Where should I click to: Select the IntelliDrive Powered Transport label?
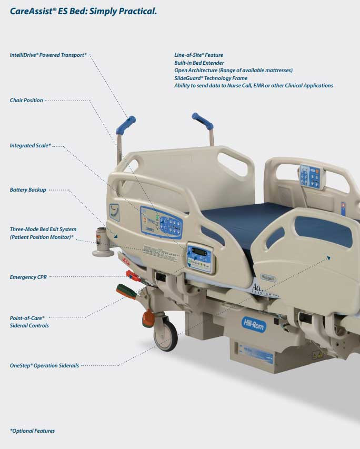(x=48, y=55)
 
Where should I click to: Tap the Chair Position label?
(x=26, y=100)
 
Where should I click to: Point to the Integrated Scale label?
(x=30, y=145)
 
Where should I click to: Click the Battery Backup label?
(x=28, y=189)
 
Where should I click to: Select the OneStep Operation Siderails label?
(x=44, y=365)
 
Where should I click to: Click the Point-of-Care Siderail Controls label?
(x=29, y=322)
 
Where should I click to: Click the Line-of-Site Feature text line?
(x=198, y=55)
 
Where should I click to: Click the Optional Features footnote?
(x=32, y=431)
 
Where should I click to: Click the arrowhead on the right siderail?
(x=328, y=257)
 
